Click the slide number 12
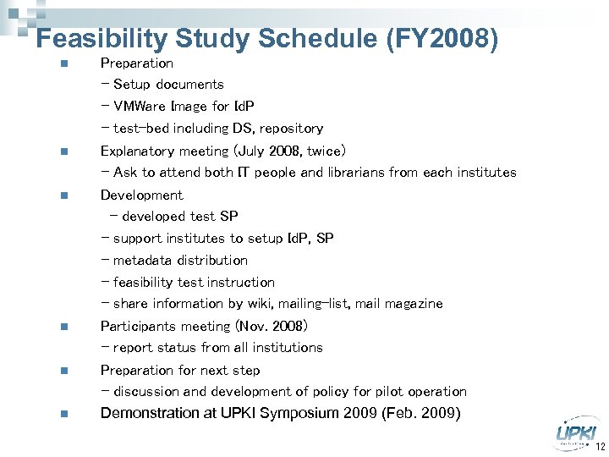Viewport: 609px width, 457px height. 600,447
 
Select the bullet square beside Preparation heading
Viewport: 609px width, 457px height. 53,64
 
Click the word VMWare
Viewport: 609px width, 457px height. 139,107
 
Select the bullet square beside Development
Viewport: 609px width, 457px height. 53,195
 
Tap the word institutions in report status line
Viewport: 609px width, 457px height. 283,348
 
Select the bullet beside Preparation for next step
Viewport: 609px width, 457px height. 53,371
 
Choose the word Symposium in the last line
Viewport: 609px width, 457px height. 299,414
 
